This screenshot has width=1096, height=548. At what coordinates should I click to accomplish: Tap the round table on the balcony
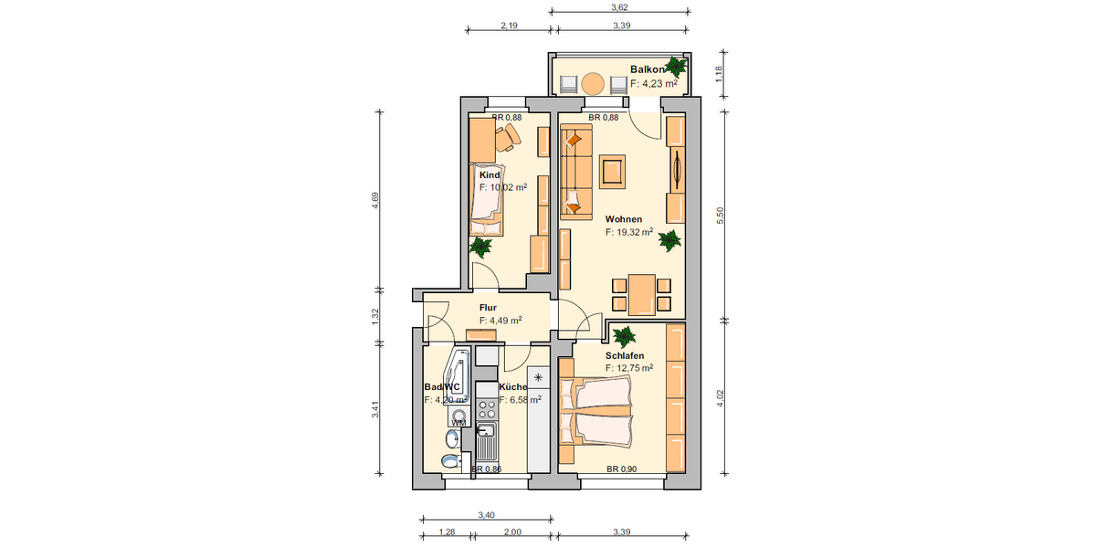click(594, 84)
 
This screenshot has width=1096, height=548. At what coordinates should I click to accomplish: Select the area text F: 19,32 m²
click(628, 233)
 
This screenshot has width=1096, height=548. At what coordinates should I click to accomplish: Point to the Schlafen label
click(624, 355)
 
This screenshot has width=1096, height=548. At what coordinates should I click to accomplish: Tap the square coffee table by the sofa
click(612, 170)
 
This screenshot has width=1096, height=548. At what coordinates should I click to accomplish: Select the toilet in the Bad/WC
click(448, 460)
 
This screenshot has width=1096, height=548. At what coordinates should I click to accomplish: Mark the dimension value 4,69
click(375, 201)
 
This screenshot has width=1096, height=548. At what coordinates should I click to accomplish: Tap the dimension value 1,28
click(447, 531)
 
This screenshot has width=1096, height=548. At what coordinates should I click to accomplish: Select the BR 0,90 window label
click(621, 469)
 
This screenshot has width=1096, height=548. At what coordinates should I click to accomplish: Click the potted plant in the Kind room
click(479, 247)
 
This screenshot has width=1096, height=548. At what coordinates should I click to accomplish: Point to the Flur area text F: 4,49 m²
click(501, 321)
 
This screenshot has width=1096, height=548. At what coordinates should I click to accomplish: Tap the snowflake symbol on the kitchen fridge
click(538, 376)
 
